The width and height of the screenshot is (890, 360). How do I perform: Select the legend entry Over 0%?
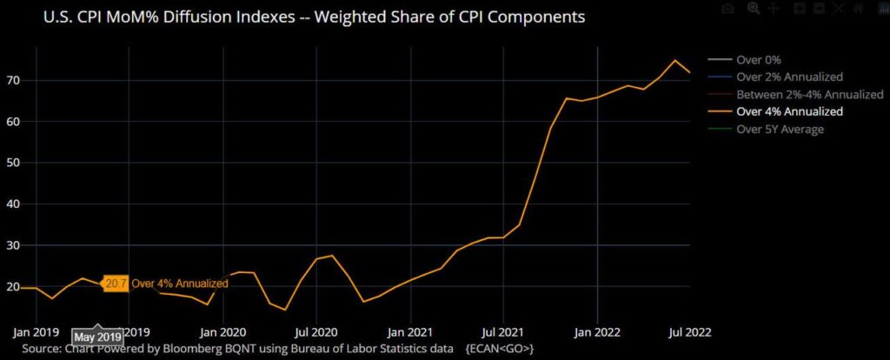coord(760,60)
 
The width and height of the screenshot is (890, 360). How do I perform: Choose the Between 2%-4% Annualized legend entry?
coord(809,94)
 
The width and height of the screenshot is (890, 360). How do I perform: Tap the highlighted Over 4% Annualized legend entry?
coord(790,111)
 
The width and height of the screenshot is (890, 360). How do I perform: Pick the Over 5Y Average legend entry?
coord(780,129)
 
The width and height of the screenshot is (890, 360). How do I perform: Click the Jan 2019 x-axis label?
coord(35,331)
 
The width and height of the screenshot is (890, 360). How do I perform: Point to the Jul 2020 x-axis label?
coord(317,331)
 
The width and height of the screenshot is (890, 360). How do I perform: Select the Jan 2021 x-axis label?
coord(410,331)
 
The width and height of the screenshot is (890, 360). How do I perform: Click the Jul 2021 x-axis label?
coord(504,331)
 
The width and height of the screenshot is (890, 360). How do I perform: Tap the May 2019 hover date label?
coord(96,337)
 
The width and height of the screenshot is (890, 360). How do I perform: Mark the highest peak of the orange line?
coord(674,60)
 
